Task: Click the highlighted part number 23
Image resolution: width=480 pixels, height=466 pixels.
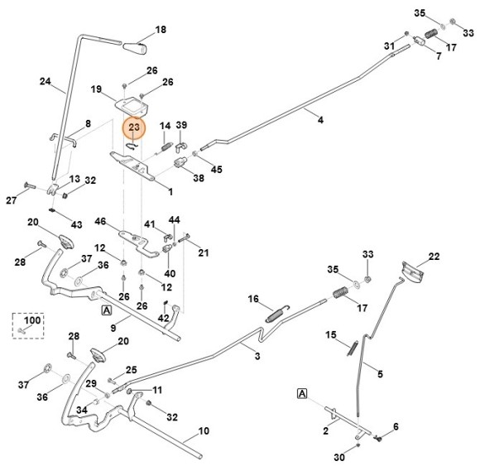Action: coord(134,127)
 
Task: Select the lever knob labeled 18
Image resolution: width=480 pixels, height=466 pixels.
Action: coord(135,48)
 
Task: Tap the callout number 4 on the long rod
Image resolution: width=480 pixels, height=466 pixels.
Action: coord(320,120)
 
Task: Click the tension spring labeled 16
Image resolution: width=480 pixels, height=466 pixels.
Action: coord(277,314)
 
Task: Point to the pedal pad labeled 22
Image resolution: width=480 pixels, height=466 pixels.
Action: coord(413,271)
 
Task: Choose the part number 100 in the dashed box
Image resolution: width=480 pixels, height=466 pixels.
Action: coord(32,320)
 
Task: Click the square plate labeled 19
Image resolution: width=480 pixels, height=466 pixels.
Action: coord(132,106)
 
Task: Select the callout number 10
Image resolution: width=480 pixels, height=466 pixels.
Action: coord(204,430)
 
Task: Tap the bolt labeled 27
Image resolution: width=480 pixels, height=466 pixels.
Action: coord(30,185)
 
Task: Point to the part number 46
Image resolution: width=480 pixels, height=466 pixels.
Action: coord(100,221)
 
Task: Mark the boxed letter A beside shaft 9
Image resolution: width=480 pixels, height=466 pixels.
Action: coord(106,310)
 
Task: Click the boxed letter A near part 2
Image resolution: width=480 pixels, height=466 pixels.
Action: coord(302,393)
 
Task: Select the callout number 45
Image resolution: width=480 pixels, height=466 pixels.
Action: coord(217,170)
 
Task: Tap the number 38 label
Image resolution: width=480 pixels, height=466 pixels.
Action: coord(199,178)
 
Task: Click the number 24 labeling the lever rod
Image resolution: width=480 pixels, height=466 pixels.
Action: coord(46,81)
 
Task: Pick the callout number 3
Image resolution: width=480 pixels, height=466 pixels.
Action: coord(257,356)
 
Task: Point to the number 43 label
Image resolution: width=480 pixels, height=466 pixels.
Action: coord(76,225)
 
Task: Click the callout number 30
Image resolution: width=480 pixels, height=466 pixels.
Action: coord(339,458)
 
